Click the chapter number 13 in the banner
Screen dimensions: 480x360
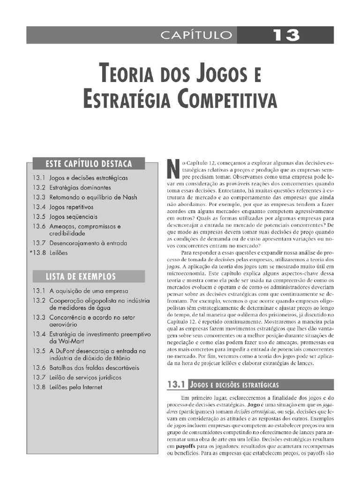click(x=285, y=35)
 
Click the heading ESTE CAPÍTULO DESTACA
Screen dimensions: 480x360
click(x=88, y=164)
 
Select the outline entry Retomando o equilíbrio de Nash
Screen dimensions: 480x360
click(x=93, y=197)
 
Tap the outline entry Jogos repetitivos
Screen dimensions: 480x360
click(x=72, y=207)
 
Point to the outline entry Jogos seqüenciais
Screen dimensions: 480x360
click(x=74, y=217)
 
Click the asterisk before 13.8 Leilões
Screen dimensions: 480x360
click(x=31, y=252)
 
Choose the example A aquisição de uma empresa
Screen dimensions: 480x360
click(x=82, y=291)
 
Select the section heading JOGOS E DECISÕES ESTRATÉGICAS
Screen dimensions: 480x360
click(x=234, y=385)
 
